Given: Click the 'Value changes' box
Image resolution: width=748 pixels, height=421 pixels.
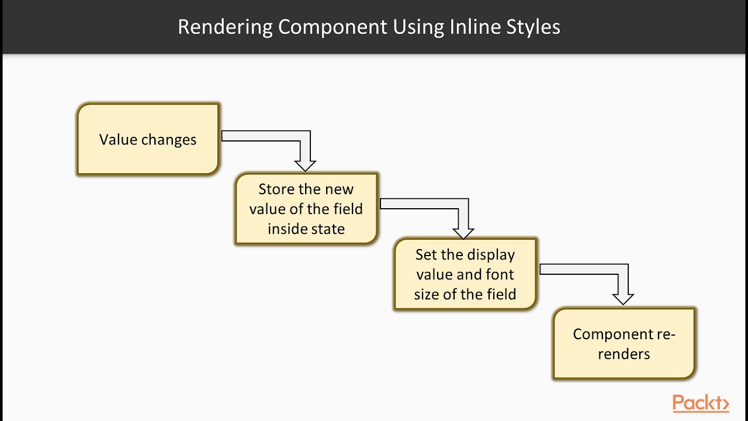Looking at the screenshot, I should tap(148, 139).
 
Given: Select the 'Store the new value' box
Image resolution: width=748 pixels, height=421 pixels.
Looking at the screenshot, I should tap(306, 209).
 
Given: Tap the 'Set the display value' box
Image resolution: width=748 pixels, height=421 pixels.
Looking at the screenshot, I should tap(465, 274).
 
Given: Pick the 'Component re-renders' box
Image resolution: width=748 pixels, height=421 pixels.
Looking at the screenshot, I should tap(624, 344).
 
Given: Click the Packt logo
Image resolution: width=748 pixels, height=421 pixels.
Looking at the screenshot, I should tap(701, 403).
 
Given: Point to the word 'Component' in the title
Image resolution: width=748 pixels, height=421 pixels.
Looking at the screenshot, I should tap(333, 27).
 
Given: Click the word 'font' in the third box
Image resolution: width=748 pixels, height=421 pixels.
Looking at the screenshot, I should tap(500, 274).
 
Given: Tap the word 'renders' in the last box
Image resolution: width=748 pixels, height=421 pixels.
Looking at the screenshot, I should tap(624, 354).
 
